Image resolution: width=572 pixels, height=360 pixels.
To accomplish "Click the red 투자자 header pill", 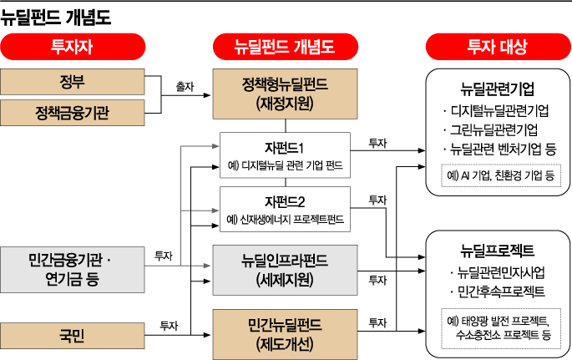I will [73, 47].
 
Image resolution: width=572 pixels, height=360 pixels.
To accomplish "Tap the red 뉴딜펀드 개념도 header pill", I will [285, 47].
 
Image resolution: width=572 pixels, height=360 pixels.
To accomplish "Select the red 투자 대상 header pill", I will [497, 47].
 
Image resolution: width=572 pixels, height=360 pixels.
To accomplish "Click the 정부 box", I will [73, 83].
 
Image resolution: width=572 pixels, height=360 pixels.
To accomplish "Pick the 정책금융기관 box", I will [73, 111].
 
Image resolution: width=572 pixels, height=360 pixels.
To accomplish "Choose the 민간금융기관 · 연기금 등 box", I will [73, 267].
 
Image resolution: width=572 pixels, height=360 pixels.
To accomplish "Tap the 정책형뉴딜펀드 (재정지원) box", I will [285, 94].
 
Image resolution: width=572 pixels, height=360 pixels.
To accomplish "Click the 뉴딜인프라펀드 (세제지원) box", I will [285, 269].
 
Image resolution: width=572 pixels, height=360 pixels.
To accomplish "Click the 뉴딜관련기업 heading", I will [498, 89].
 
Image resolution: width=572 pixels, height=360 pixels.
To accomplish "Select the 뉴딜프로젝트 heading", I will [498, 250].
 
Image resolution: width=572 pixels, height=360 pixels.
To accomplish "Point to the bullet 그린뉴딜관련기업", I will [494, 130].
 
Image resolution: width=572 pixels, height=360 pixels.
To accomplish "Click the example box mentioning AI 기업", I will [499, 175].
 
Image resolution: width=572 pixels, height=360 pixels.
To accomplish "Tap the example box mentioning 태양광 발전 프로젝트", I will [499, 327].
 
